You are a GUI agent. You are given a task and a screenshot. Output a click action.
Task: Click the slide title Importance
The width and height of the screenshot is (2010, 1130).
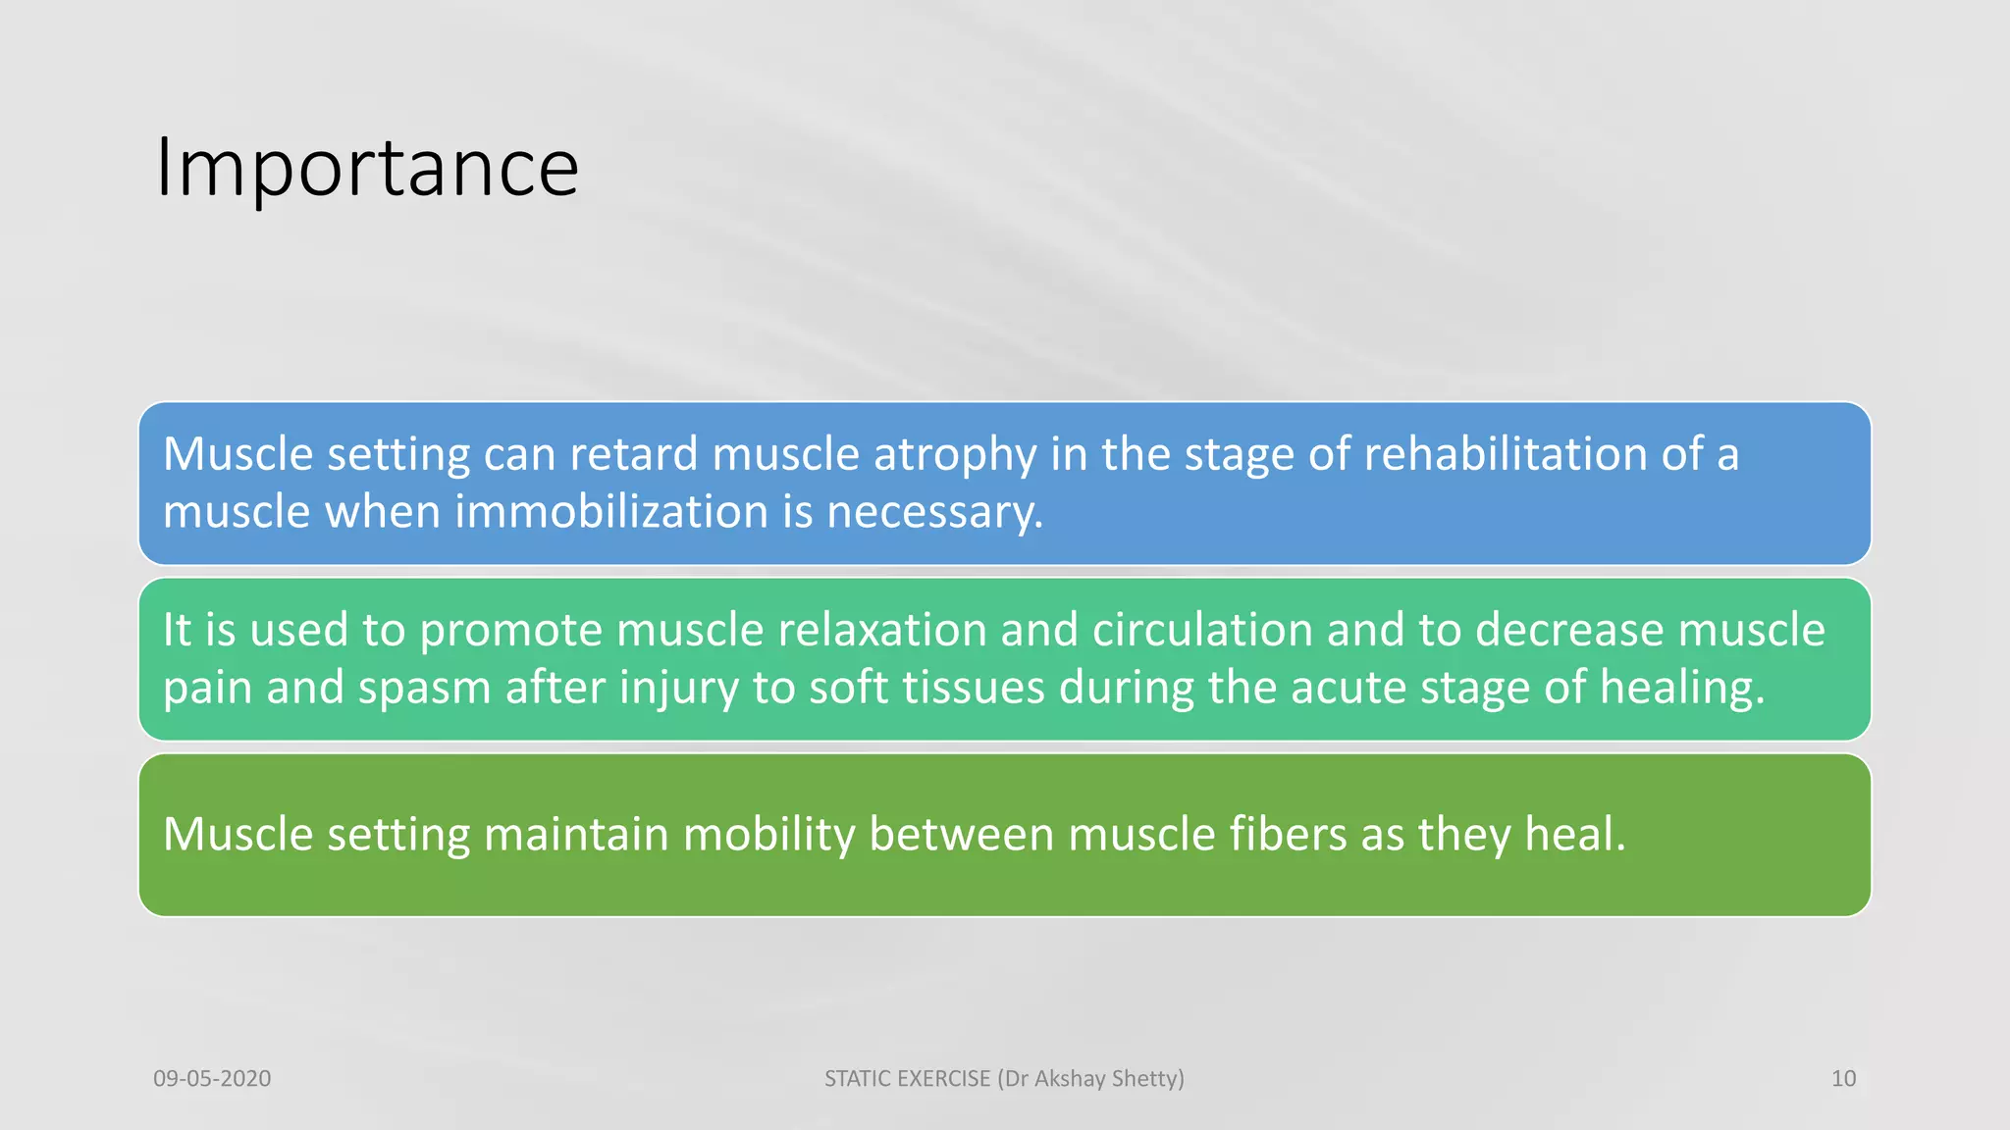pyautogui.click(x=367, y=169)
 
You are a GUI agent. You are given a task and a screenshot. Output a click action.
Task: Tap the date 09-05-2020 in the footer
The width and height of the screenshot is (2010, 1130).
pyautogui.click(x=212, y=1079)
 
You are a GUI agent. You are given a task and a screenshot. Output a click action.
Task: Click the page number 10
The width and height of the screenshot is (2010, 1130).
pyautogui.click(x=1843, y=1079)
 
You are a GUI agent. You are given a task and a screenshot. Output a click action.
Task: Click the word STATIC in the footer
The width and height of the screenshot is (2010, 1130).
pyautogui.click(x=858, y=1079)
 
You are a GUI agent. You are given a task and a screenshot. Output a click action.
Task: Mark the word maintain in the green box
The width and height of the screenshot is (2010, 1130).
pyautogui.click(x=576, y=834)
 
